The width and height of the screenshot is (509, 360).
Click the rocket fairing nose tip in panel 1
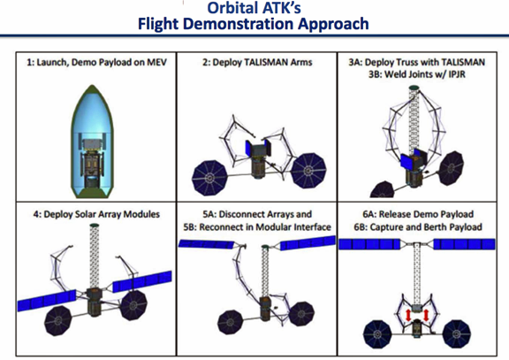click(x=93, y=86)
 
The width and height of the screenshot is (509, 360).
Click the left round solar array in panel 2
click(x=209, y=178)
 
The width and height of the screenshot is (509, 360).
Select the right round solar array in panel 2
click(x=308, y=170)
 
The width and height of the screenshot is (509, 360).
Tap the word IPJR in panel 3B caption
click(x=456, y=74)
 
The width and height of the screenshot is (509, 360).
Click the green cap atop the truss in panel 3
click(x=414, y=88)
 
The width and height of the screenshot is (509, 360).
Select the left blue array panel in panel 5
click(x=206, y=244)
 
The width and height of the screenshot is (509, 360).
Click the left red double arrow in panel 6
click(x=408, y=315)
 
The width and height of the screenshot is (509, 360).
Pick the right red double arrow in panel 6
click(x=426, y=315)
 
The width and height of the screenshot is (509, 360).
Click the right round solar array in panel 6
click(x=457, y=334)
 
